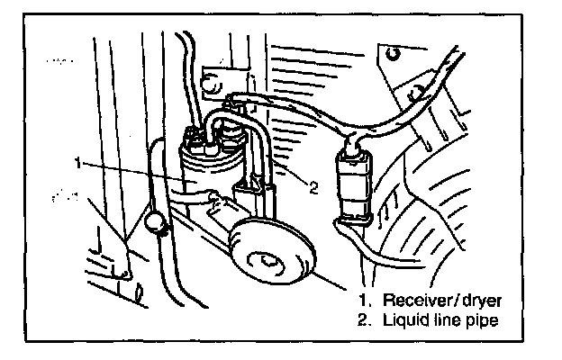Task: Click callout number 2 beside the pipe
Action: point(312,189)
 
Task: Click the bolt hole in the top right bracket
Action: point(394,54)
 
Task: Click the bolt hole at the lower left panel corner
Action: point(125,268)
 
